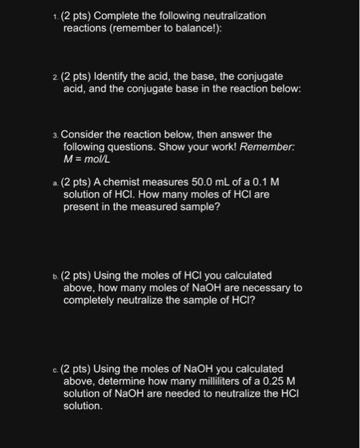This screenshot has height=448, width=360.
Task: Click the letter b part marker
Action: pos(56,276)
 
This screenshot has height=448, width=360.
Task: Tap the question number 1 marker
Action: pos(55,16)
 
